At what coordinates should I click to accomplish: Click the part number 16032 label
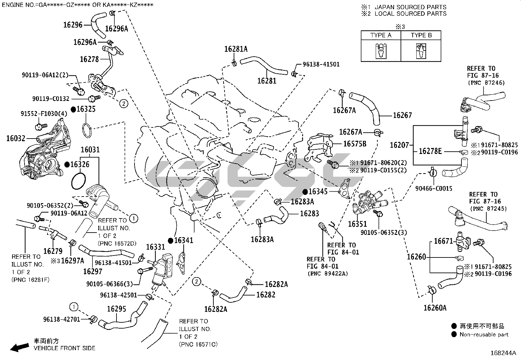coord(16,139)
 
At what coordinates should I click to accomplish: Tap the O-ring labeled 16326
coord(79,181)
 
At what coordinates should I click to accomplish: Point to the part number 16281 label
coord(267,81)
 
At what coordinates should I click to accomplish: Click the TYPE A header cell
coord(381,35)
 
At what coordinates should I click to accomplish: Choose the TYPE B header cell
coord(421,35)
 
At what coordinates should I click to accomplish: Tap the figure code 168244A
coord(503,353)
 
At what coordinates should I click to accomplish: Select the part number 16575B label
coord(355,143)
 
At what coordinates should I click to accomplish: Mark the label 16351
coord(357,224)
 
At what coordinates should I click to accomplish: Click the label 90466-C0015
coord(434,188)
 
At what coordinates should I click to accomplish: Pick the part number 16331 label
coord(155,247)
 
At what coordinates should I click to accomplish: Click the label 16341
coord(184,240)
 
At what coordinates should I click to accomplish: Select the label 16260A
coord(435,308)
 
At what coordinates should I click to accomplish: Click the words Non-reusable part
coord(484,334)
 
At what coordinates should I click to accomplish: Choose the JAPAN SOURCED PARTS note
coord(410,7)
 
